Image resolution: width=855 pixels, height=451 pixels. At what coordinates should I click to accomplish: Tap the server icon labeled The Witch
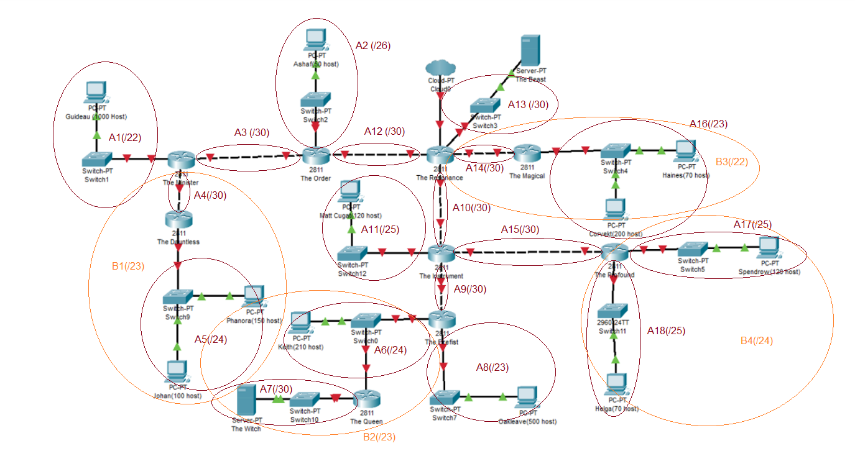(246, 400)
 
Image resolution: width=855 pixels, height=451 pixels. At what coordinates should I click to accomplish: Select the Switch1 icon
(96, 159)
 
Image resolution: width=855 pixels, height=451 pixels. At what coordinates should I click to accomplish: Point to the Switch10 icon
(305, 399)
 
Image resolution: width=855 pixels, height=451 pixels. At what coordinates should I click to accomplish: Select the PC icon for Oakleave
(527, 396)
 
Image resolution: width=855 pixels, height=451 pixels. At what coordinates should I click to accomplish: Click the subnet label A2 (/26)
(373, 45)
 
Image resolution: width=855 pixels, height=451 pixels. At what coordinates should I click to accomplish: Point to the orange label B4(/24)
(756, 340)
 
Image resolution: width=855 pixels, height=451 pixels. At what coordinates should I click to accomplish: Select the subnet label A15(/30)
(520, 229)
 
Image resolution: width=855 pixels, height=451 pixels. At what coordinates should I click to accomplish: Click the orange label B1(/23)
(128, 266)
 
